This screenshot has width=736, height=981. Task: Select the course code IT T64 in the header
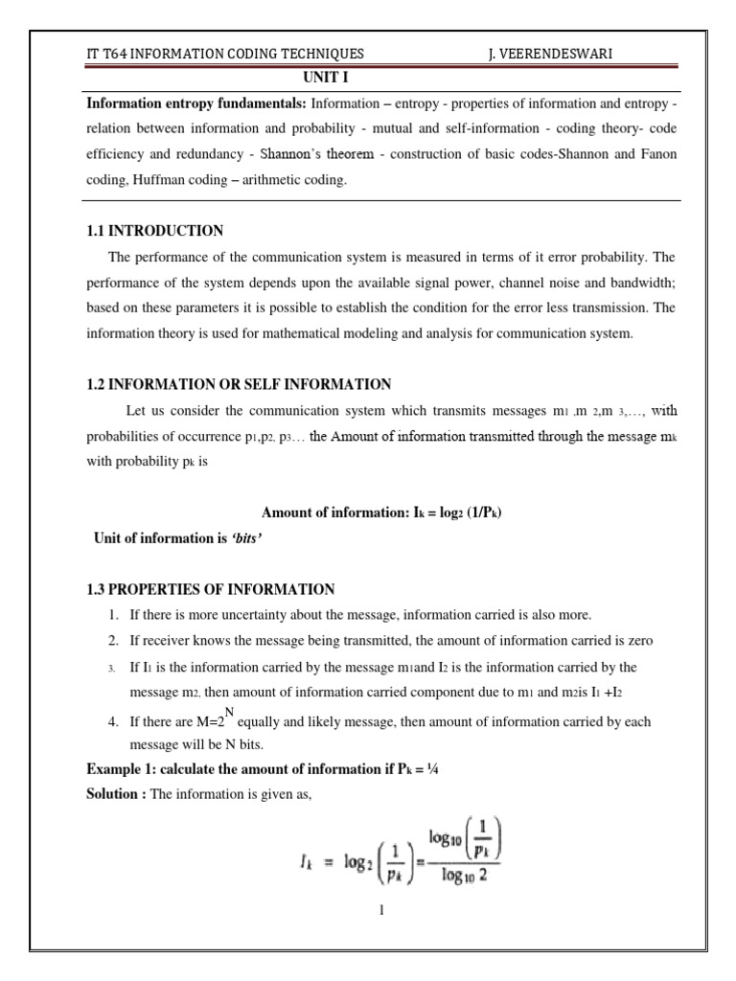[106, 55]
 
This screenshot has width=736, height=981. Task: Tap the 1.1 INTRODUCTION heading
[154, 231]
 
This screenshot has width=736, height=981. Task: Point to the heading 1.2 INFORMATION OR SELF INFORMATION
[239, 385]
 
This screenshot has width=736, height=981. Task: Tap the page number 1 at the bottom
[380, 909]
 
